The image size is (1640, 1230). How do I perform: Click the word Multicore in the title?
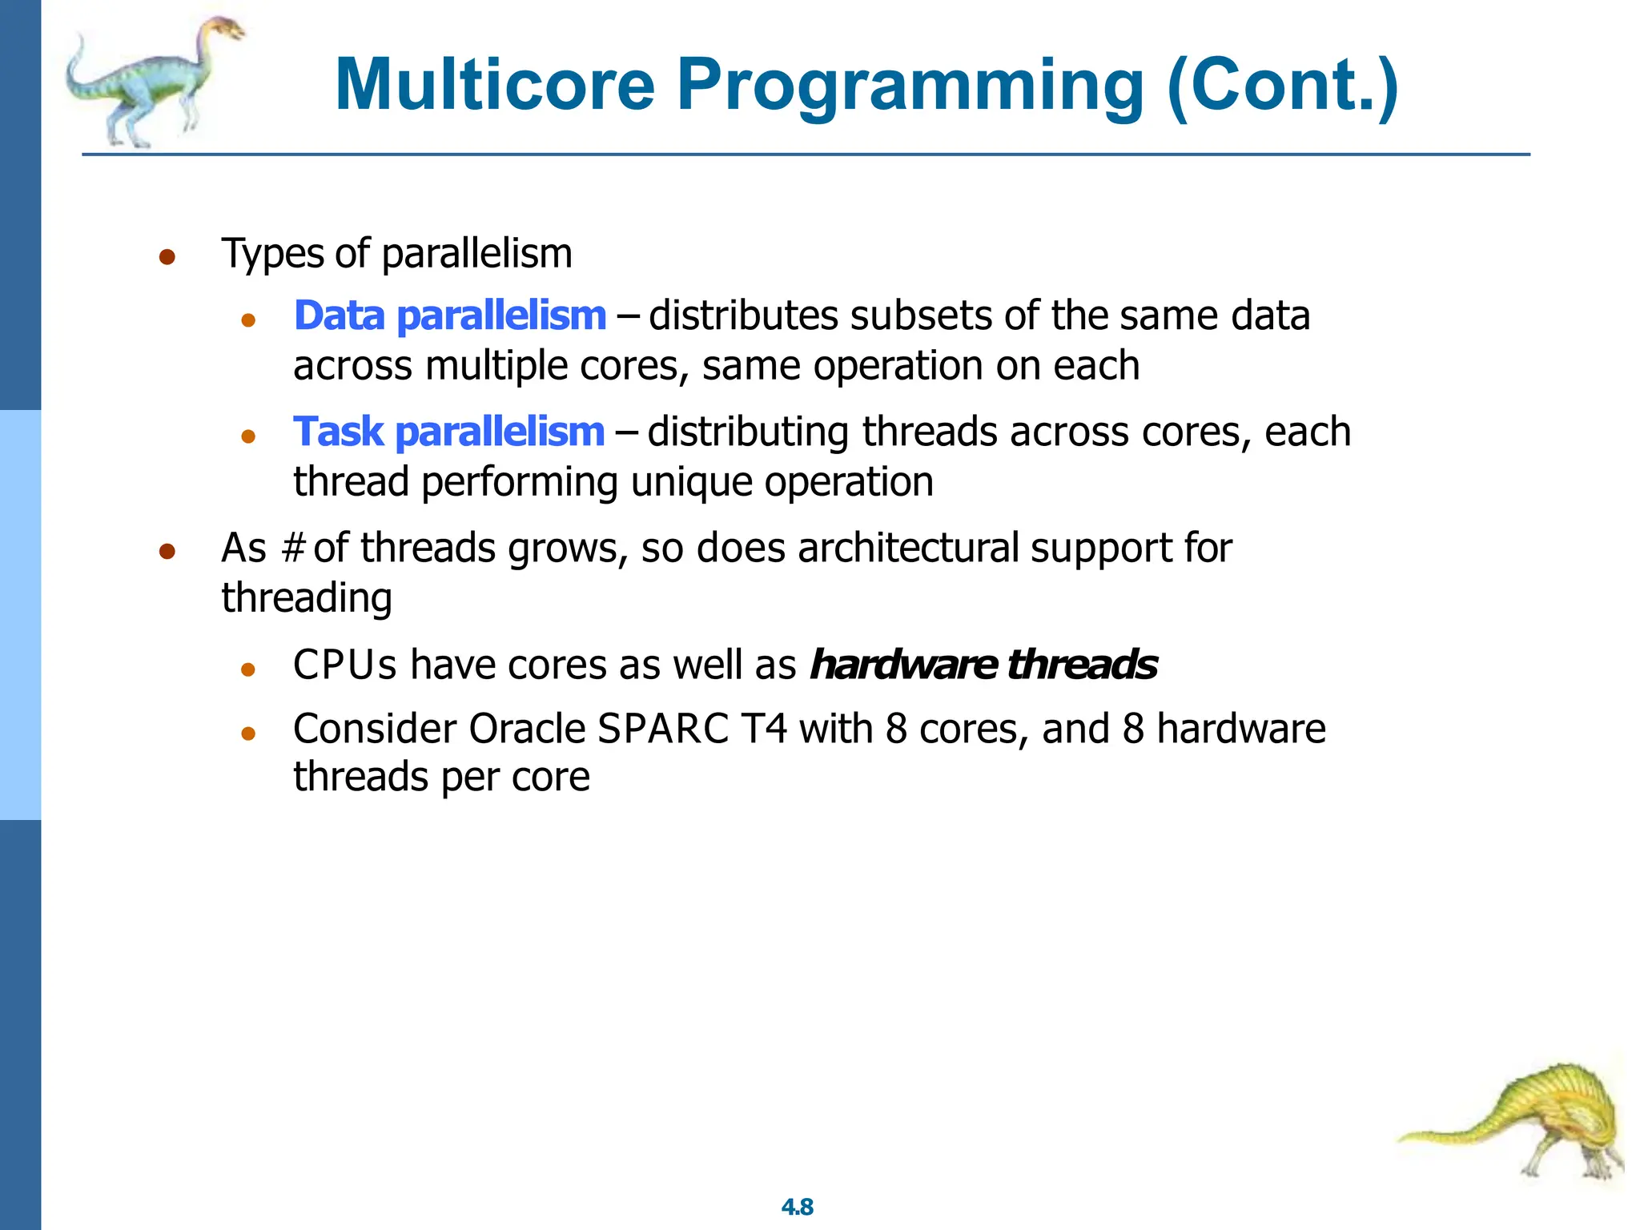(495, 85)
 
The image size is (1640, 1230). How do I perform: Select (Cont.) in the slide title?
(1281, 85)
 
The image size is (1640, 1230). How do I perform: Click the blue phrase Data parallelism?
(450, 316)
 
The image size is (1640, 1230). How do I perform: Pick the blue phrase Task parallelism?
(448, 432)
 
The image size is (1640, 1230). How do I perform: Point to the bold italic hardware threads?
(983, 665)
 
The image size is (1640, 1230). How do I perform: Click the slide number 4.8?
(797, 1207)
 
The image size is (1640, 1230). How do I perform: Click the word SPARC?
(663, 729)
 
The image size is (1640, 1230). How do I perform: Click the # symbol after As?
(294, 549)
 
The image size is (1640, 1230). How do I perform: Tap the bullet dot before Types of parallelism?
(167, 257)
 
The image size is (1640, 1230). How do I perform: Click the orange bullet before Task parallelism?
(248, 436)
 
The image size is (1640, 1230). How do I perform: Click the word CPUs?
(344, 665)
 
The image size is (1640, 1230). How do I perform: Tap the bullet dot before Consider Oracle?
(248, 733)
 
